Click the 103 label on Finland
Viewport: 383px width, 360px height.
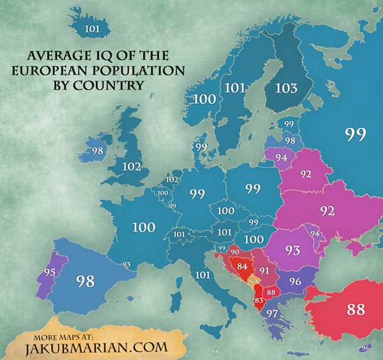286,88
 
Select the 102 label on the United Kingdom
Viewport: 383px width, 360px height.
131,167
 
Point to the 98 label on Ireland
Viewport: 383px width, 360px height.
97,150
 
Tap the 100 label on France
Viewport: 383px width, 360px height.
143,227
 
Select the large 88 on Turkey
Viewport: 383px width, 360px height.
356,309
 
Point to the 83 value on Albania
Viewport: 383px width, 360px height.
260,300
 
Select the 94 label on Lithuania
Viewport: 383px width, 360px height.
281,157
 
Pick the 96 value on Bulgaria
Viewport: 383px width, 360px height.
295,282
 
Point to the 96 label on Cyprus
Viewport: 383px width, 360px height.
365,348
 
